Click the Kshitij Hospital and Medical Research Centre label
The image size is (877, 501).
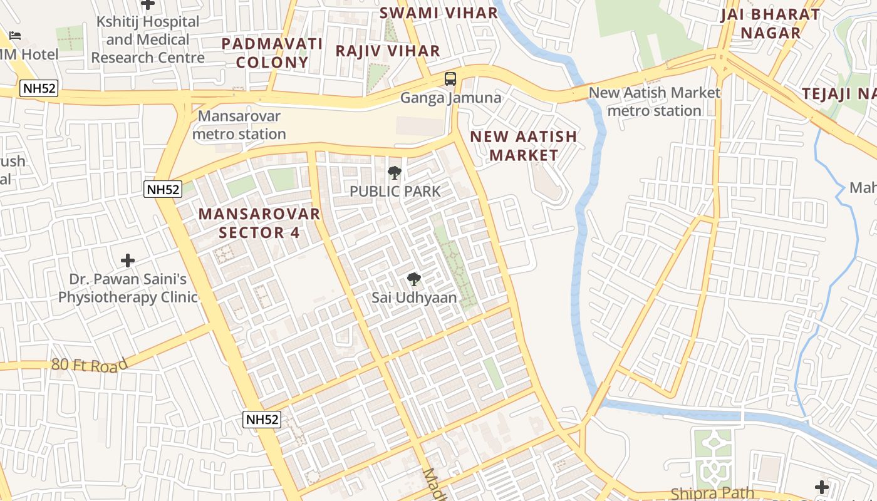147,39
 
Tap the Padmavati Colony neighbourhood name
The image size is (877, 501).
272,53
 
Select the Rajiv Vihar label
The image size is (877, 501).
388,51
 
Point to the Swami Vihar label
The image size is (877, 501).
438,13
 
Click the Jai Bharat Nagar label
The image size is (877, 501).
770,23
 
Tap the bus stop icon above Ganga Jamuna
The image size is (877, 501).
450,79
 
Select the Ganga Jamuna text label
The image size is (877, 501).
451,98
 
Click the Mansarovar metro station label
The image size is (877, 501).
239,125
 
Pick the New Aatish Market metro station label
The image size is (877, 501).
655,101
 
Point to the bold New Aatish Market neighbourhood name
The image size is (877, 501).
524,145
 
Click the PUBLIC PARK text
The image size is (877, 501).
395,191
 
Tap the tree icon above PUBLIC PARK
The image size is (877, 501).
395,173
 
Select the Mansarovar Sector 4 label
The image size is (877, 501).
259,223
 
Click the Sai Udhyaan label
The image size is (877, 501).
414,297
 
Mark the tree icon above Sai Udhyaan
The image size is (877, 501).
413,279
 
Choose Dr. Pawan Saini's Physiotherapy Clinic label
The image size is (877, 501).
128,288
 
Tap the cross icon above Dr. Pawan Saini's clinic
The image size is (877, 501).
128,260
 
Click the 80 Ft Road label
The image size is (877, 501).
90,364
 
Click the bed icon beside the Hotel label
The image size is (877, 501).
15,35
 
